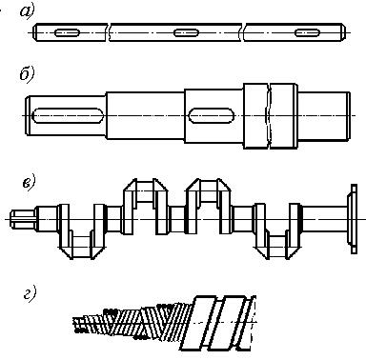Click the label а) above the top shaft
click(27, 11)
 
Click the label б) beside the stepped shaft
click(27, 75)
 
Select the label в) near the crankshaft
click(29, 183)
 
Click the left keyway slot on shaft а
click(67, 32)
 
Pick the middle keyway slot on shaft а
click(187, 32)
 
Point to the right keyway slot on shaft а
click(307, 32)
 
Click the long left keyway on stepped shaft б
click(69, 115)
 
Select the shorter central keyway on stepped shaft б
click(212, 115)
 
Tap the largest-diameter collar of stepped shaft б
click(271, 116)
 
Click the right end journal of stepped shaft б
click(324, 115)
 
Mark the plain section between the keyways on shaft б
click(145, 115)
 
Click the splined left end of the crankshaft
click(23, 219)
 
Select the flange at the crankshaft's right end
click(353, 219)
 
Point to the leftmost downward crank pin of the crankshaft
click(82, 247)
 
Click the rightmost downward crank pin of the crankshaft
click(277, 247)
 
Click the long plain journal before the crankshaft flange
click(324, 219)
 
